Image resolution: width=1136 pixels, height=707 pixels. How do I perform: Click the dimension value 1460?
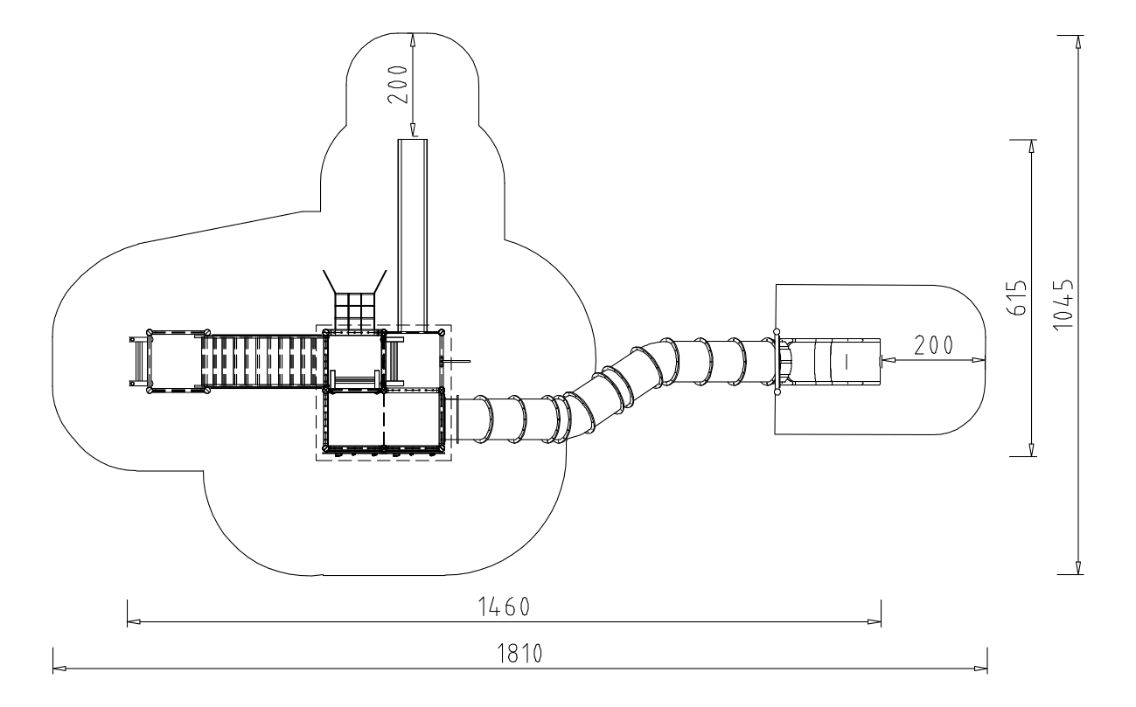[x=504, y=606]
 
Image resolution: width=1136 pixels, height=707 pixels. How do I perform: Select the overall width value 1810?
[x=519, y=654]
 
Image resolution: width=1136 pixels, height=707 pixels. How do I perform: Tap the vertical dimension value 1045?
[x=1063, y=304]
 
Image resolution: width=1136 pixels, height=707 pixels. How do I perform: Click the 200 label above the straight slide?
[x=398, y=85]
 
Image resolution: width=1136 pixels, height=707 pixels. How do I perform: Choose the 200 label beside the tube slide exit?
[x=934, y=346]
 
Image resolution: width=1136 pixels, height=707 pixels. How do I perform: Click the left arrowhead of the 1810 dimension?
[x=59, y=669]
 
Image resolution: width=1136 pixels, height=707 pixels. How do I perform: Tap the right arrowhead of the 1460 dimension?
[x=875, y=621]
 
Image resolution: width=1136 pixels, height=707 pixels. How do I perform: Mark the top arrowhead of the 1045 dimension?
[x=1078, y=42]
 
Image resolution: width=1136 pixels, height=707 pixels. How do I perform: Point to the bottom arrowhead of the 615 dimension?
[x=1031, y=449]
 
